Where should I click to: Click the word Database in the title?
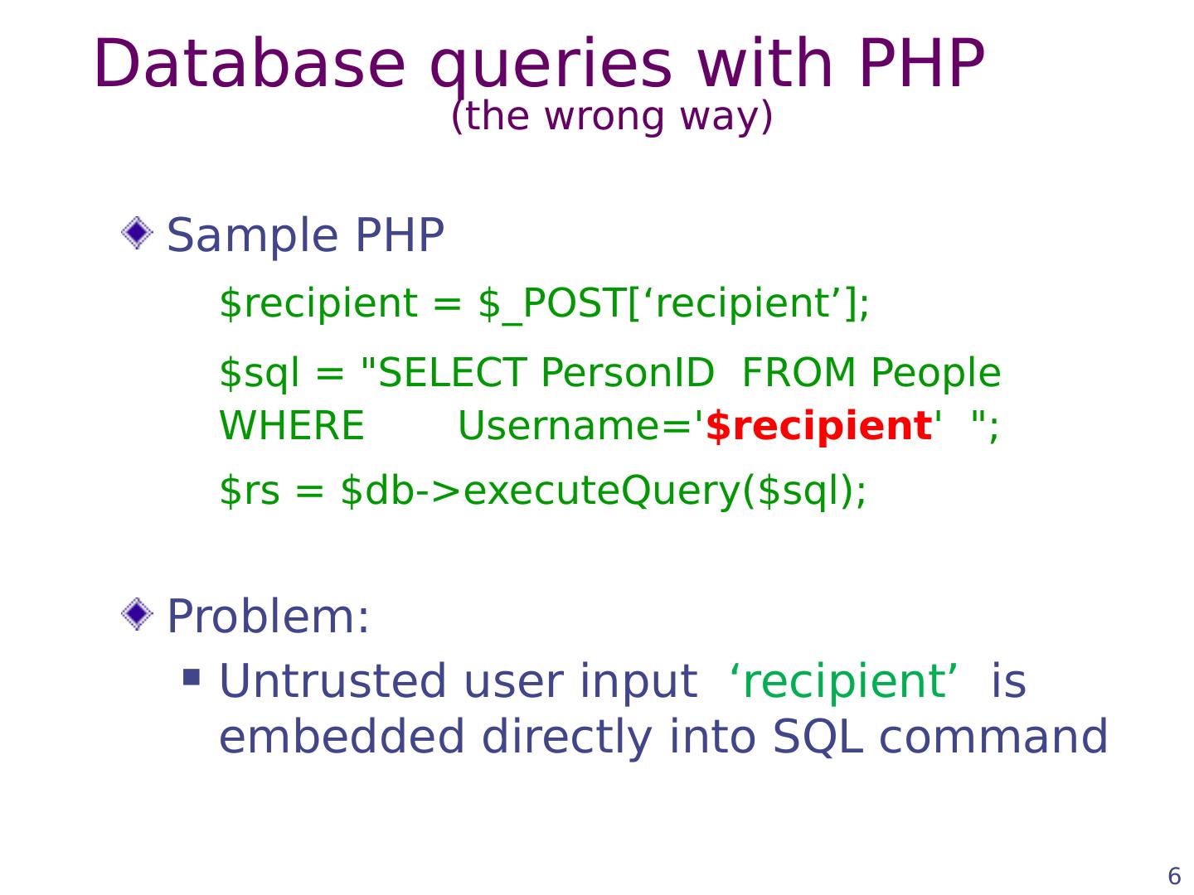coord(250,63)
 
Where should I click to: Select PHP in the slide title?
coord(921,63)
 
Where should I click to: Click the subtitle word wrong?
coord(604,118)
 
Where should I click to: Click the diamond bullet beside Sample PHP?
coord(137,233)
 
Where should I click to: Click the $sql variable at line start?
coord(259,374)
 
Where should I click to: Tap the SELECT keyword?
coord(452,373)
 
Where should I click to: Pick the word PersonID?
coord(627,373)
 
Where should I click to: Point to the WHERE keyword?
coord(292,425)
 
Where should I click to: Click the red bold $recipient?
coord(818,427)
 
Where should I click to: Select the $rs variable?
coord(249,490)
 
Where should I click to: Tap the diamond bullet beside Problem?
coord(137,613)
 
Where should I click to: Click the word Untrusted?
coord(332,680)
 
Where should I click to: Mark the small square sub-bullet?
coord(192,677)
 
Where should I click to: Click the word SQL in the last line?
coord(818,738)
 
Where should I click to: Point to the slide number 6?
coord(1174,876)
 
